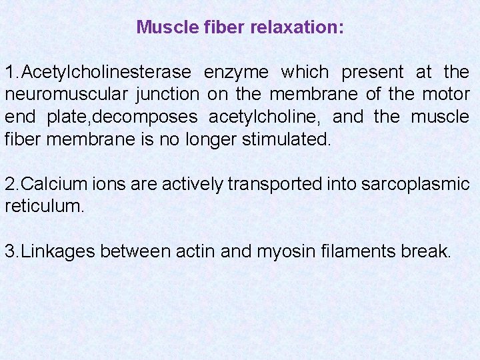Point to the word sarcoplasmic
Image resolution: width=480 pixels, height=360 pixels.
pyautogui.click(x=415, y=185)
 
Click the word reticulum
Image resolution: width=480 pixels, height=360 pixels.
pyautogui.click(x=44, y=206)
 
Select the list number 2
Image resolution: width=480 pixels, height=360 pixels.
pyautogui.click(x=10, y=184)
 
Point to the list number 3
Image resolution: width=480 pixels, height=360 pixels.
pyautogui.click(x=10, y=251)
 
